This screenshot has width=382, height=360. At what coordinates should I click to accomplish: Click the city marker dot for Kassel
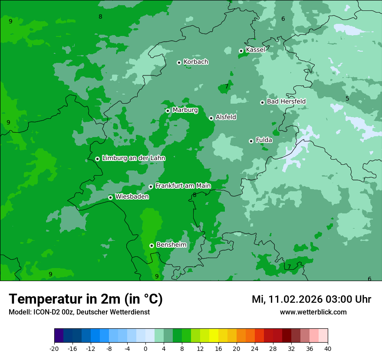(241, 51)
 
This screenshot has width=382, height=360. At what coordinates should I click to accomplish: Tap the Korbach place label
(196, 62)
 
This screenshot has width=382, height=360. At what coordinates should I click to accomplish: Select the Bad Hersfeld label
(286, 101)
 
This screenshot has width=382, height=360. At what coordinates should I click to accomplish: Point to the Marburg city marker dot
(168, 111)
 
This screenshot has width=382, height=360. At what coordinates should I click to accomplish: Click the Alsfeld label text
(226, 117)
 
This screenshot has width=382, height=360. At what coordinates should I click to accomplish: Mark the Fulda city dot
(251, 141)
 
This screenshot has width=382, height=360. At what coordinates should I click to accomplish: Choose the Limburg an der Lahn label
(133, 158)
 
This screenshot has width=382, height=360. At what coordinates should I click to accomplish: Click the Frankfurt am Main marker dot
(151, 187)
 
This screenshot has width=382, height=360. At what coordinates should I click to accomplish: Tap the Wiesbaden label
(132, 197)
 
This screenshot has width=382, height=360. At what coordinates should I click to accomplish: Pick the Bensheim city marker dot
(151, 245)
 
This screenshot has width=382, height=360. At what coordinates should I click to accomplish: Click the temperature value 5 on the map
(347, 98)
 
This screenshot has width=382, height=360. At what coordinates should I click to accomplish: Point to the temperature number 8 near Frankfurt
(194, 195)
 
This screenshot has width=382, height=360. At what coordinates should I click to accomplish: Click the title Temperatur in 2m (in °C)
(86, 299)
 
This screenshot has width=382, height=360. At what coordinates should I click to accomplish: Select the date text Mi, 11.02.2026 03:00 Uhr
(311, 299)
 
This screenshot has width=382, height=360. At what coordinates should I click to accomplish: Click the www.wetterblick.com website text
(313, 312)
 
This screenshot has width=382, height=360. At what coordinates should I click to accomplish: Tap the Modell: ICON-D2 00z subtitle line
(79, 312)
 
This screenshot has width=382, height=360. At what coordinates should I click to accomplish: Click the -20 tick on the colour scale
(54, 348)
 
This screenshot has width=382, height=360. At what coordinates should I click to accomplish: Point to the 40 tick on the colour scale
(327, 348)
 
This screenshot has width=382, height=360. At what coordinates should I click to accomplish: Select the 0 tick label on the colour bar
(145, 348)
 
